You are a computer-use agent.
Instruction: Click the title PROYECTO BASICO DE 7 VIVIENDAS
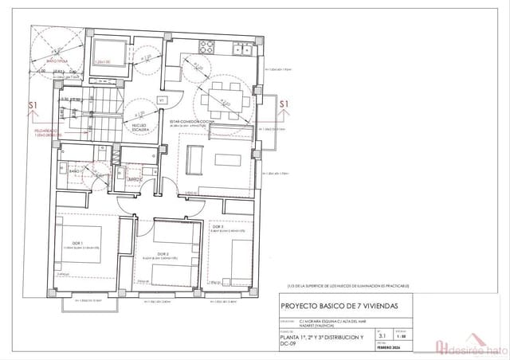[335, 306]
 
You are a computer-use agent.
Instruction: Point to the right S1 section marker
[284, 104]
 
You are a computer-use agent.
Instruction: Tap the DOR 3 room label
[217, 227]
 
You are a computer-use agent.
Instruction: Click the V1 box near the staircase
[160, 101]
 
